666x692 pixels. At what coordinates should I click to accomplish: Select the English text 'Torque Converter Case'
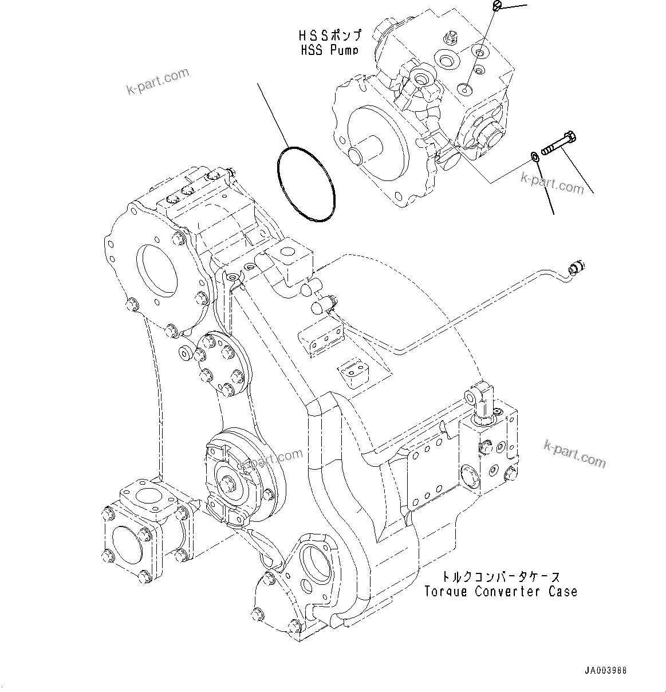tap(501, 592)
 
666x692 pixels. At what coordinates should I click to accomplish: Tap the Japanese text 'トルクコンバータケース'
tap(501, 577)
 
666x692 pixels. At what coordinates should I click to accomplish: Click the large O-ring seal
tap(304, 183)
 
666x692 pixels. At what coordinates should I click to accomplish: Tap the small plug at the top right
tap(496, 5)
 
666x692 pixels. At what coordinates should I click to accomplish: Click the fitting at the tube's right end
tap(576, 267)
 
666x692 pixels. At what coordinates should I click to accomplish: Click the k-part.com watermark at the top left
tap(157, 81)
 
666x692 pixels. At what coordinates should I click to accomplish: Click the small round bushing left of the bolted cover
tap(185, 352)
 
